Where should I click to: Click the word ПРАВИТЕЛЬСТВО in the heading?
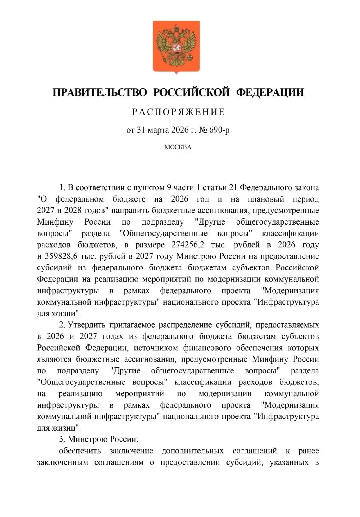tap(100, 93)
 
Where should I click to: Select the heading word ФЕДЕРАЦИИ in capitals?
tap(270, 93)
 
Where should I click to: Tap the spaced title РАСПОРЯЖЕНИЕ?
tap(179, 112)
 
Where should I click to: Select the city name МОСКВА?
tap(178, 147)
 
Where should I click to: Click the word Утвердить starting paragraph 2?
tap(90, 325)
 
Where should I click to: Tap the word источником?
tap(156, 348)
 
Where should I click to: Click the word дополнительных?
tap(193, 451)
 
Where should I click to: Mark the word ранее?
tap(309, 451)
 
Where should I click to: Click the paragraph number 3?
tap(62, 439)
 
